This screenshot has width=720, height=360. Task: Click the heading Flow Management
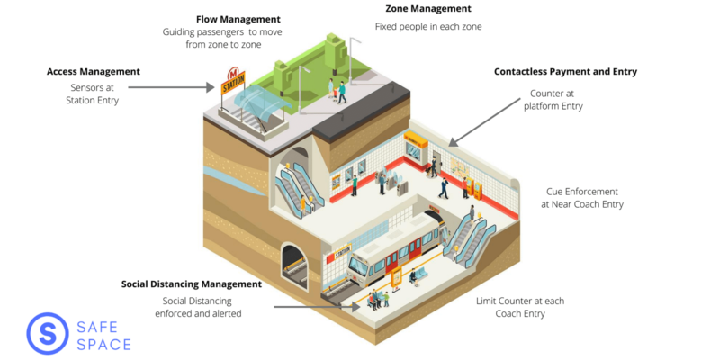pos(238,19)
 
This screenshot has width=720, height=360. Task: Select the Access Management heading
pos(94,72)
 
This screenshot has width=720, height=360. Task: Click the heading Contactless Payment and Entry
pos(566,72)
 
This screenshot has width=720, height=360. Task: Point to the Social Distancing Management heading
pos(192,283)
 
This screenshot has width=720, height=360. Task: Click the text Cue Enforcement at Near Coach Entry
pos(582,198)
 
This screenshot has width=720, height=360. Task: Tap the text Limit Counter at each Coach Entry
pos(520,308)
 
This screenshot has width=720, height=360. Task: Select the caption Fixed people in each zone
pos(428,27)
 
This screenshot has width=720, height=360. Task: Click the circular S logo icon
pos(48,334)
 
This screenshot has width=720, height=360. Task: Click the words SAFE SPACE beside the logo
pos(103,336)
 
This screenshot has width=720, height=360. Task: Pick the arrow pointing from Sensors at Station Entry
pos(171,86)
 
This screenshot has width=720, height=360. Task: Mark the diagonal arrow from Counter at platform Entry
pos(484,122)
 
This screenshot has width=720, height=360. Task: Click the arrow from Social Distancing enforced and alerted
pos(317,306)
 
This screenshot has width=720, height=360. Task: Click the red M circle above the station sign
pos(233,73)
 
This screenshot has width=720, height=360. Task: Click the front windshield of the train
pos(357,267)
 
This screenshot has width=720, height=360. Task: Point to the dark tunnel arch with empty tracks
pos(295,266)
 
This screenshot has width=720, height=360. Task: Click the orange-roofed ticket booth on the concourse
pos(416,146)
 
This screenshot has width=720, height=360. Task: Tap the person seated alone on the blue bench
pos(413,276)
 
